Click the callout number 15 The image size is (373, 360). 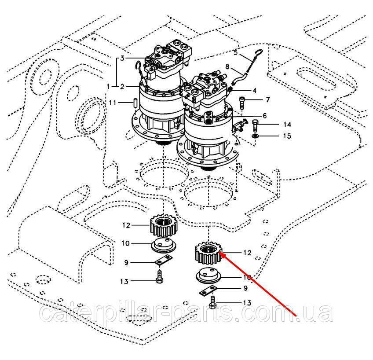(x=287, y=136)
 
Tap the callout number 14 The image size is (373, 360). (x=287, y=125)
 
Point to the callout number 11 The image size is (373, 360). (x=113, y=103)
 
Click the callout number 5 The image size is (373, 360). (x=236, y=53)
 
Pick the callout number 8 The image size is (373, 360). (x=227, y=66)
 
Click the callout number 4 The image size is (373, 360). (x=267, y=90)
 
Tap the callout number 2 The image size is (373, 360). (x=123, y=86)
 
